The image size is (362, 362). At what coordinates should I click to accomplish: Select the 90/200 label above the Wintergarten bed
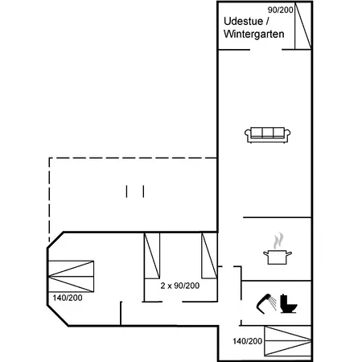(x=279, y=9)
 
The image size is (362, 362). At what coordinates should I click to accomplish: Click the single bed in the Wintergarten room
(x=302, y=27)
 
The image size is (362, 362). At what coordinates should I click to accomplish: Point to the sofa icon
(x=269, y=134)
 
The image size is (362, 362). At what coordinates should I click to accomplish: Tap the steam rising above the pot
(x=278, y=240)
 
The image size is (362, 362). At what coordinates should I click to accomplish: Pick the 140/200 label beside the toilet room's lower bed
(x=248, y=341)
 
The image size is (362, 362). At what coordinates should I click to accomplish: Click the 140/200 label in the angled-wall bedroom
(x=67, y=298)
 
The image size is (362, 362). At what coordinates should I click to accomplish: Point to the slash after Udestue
(x=268, y=21)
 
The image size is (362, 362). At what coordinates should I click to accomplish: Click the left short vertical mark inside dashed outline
(x=127, y=191)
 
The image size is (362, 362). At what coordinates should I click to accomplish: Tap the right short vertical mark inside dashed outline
(x=143, y=191)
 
